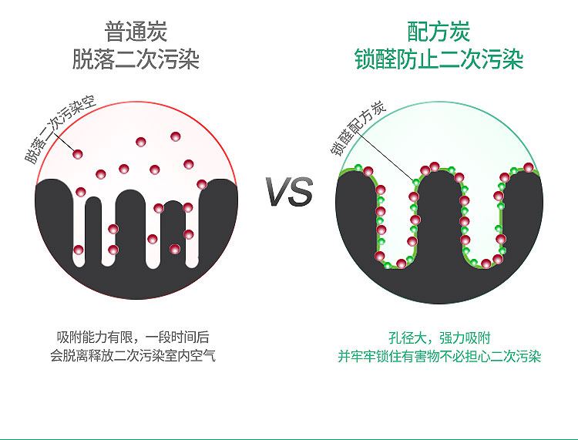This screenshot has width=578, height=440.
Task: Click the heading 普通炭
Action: [136, 32]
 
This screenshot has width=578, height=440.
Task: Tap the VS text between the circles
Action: [290, 192]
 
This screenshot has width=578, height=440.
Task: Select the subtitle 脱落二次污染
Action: [136, 59]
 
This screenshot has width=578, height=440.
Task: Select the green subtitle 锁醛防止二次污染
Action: [439, 59]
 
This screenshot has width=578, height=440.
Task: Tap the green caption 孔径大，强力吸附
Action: [439, 338]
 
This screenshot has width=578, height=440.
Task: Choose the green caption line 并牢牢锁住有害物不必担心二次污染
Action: [439, 357]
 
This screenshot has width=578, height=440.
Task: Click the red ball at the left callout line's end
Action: [79, 155]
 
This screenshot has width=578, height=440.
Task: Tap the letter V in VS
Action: [279, 192]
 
